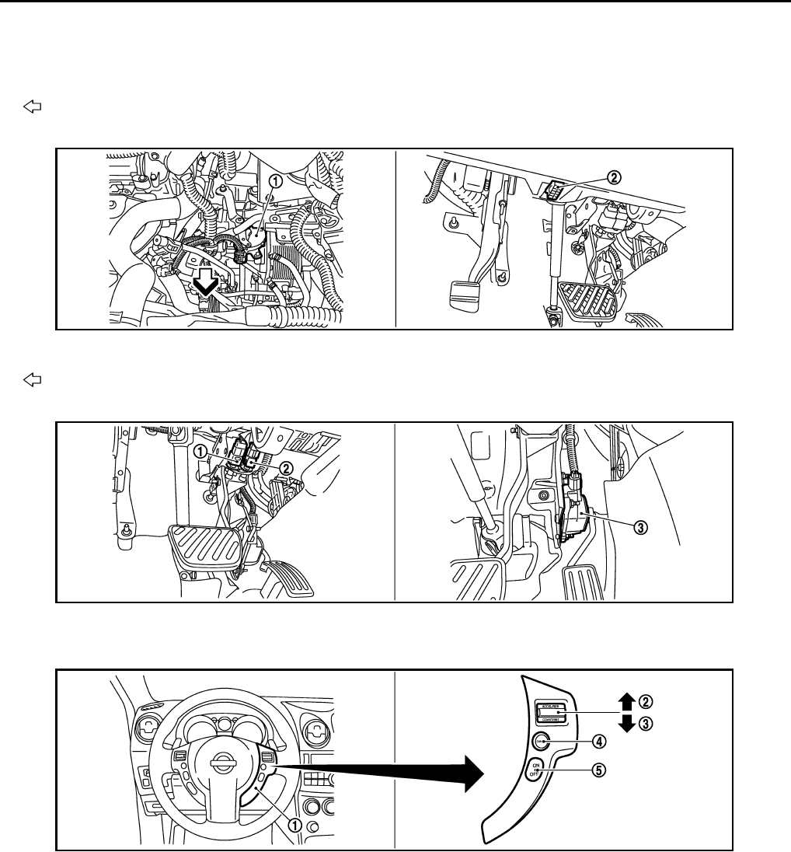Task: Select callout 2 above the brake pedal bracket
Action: coord(614,177)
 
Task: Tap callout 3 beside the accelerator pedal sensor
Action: coord(640,527)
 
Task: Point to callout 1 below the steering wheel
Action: coord(296,826)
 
